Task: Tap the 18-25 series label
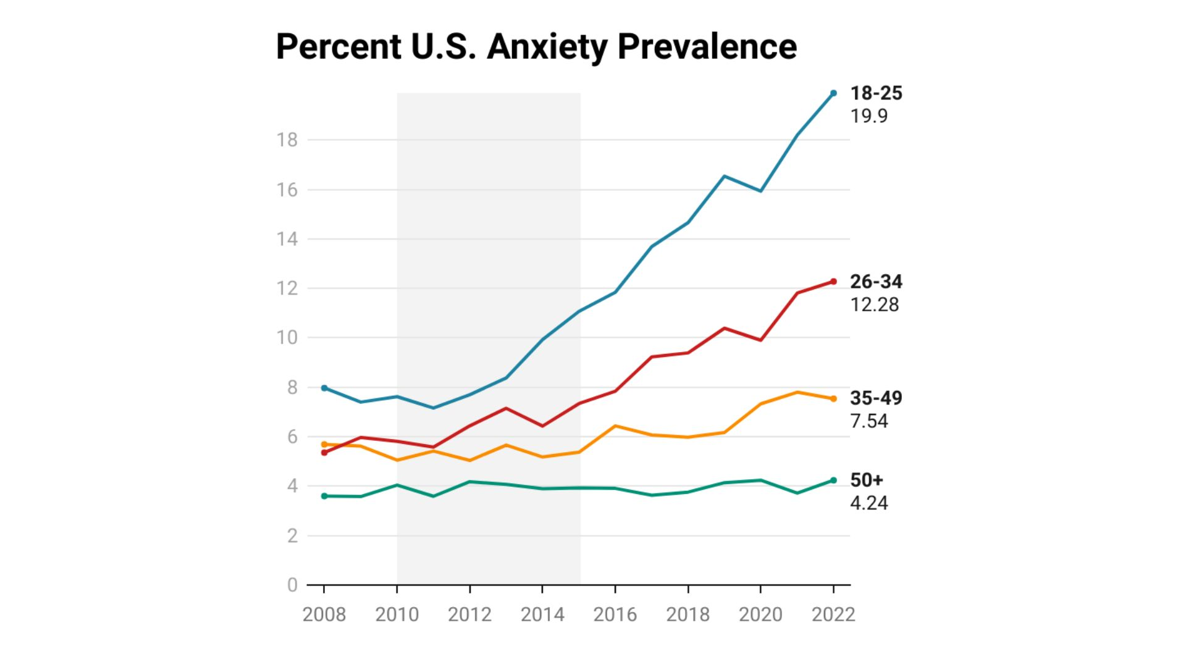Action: (876, 93)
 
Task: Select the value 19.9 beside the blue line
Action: (868, 116)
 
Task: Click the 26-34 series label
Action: (876, 282)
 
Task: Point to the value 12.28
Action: (874, 304)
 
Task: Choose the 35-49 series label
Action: (876, 398)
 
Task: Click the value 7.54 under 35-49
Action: (868, 421)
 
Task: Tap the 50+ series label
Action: (866, 480)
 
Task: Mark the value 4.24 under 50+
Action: (868, 503)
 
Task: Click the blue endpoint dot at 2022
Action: (833, 93)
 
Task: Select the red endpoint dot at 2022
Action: (833, 282)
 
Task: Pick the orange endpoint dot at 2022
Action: (833, 399)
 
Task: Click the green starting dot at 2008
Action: (324, 496)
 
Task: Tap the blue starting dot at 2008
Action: (324, 388)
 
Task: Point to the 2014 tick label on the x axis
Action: (542, 615)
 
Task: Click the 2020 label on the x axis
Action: (760, 615)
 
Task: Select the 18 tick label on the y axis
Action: (287, 140)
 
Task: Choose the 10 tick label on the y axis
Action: (287, 338)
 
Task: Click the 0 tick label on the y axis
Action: (292, 585)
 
